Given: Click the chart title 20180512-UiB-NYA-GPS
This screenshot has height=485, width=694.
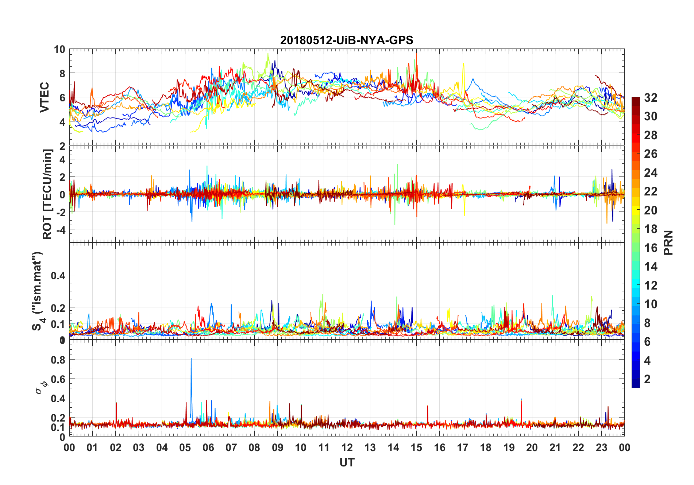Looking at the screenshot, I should tap(347, 40).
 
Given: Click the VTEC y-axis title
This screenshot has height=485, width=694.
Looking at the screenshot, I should tap(45, 97).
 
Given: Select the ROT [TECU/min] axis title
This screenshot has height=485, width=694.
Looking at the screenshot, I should tap(47, 194).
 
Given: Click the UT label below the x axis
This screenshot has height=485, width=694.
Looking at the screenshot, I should tap(347, 462).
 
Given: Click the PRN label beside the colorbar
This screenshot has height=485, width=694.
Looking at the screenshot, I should tap(668, 242).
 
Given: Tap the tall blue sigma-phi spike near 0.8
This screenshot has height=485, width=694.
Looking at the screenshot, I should tap(191, 361).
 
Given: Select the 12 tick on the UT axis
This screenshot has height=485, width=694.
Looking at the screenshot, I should tap(347, 447).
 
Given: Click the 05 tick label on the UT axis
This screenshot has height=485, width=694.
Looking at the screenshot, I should tap(185, 447).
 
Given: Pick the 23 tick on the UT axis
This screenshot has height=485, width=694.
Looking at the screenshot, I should tap(601, 447).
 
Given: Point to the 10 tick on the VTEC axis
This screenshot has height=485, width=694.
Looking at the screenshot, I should tap(59, 50).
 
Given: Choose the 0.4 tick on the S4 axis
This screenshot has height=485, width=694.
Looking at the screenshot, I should tap(58, 275).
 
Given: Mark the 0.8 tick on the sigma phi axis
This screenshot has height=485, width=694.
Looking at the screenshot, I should tap(58, 360).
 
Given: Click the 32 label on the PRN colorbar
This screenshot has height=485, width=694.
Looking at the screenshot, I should tap(651, 98).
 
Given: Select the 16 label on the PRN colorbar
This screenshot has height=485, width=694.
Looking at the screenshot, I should tap(651, 248).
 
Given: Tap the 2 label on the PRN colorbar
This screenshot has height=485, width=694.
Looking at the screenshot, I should tap(647, 379).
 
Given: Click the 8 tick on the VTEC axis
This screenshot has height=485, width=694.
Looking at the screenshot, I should tap(62, 74).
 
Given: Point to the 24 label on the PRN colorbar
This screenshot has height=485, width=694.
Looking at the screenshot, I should tap(651, 173).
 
